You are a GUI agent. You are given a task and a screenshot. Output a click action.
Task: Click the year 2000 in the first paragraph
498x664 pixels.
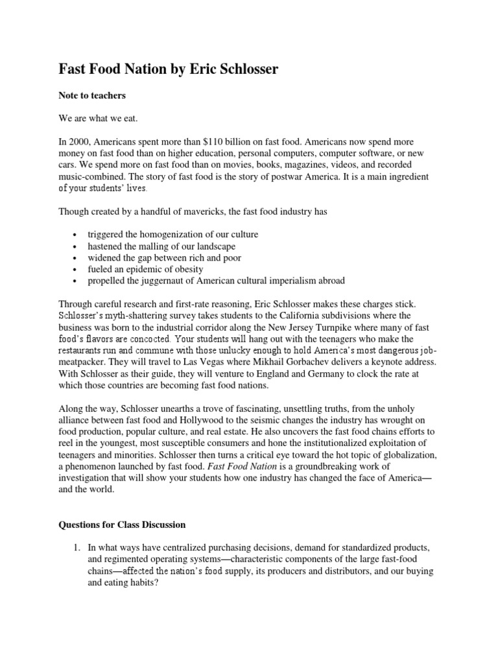click(x=79, y=141)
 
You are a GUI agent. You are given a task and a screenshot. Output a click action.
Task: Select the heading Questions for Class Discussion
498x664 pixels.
click(x=122, y=525)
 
